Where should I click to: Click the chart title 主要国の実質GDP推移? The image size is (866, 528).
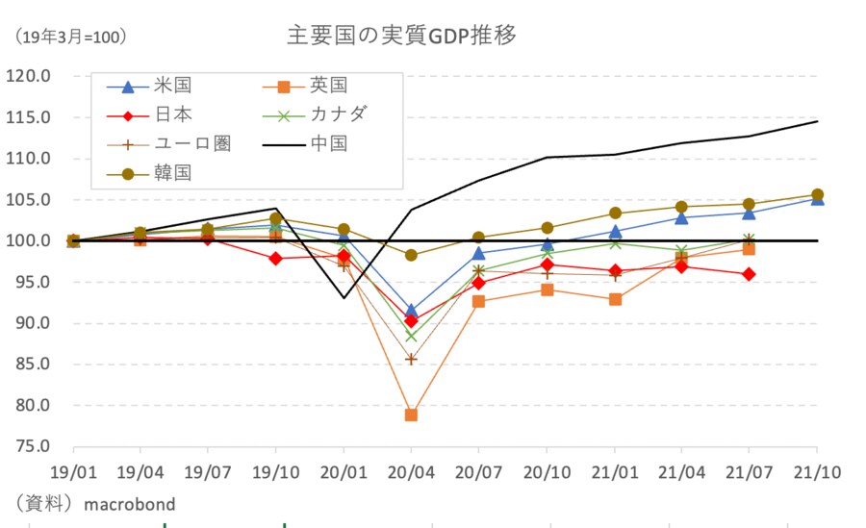click(402, 36)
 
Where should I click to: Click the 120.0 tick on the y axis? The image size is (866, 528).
click(31, 76)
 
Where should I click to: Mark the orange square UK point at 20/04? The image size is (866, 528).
click(411, 415)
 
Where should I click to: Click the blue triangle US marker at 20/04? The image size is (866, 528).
click(411, 311)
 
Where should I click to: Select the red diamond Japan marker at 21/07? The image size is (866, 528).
click(749, 274)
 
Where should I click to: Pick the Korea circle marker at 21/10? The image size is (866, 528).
click(817, 195)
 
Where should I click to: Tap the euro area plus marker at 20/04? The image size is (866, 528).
click(411, 359)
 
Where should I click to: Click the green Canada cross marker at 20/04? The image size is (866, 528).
click(411, 336)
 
